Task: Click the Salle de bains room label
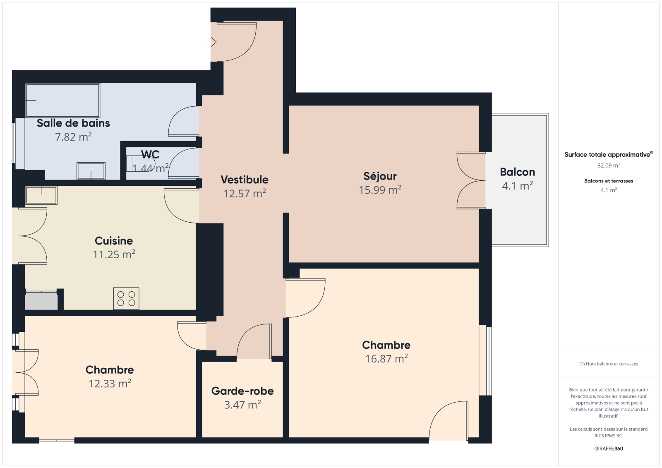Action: pos(73,123)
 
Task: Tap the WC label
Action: pos(150,154)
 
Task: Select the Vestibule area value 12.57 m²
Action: pos(245,194)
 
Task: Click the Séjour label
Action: pos(380,176)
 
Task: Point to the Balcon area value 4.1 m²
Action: pos(518,186)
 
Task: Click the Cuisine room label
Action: pos(114,241)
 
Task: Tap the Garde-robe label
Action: pos(242,391)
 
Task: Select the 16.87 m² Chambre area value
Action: pos(386,359)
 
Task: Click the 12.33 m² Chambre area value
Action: pos(110,384)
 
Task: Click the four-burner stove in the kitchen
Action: pos(126,299)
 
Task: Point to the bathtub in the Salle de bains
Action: pos(62,101)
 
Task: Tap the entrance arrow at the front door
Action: pos(212,42)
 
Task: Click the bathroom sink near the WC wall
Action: pos(91,171)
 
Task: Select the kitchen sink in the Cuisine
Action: pos(41,195)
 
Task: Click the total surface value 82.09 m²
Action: pos(609,165)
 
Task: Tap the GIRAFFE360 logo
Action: pos(609,449)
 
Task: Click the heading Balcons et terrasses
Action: pos(609,181)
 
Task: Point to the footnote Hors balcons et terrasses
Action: pos(609,364)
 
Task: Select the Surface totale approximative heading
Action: pos(607,155)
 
